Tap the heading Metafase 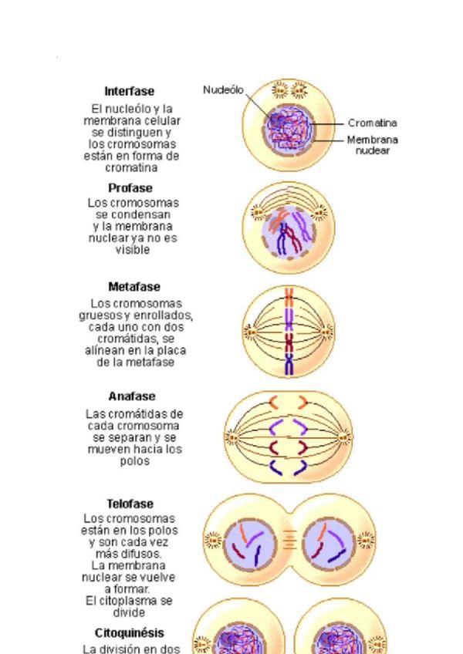[x=134, y=287]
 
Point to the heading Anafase [x=134, y=397]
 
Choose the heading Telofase [x=134, y=503]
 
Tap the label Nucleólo [x=223, y=90]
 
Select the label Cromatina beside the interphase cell [x=373, y=123]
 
